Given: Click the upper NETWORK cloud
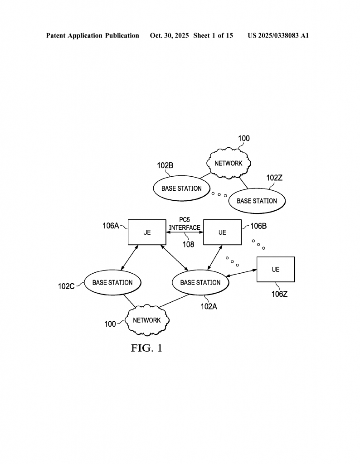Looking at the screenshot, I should pos(229,163).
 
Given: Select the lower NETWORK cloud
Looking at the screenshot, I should pos(147,320).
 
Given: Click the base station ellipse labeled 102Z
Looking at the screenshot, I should pos(257,201).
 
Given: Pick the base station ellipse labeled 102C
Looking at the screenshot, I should pos(112,282).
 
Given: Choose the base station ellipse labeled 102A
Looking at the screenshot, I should pos(200,282).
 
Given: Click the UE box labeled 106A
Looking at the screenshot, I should pos(146,232).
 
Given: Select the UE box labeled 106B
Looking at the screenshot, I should pos(222,232).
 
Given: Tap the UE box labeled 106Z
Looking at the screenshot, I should pos(276,269).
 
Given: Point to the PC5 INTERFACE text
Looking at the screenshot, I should pos(185,224).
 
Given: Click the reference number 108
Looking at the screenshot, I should pos(188,244).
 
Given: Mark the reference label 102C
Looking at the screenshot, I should pos(66,286).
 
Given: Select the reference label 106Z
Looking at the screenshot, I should pos(279,294).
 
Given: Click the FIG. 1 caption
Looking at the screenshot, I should pos(146,348).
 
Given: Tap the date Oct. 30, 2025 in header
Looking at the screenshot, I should pos(169,35).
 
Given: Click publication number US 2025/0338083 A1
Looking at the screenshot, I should pos(278,35).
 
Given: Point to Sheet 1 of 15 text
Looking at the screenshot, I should pos(213,35).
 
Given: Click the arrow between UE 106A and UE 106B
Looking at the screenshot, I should pos(185,232).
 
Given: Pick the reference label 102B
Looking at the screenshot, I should pos(165,165).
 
